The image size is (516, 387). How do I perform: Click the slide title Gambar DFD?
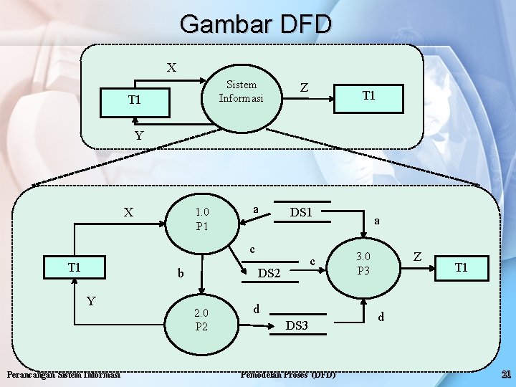click(x=256, y=24)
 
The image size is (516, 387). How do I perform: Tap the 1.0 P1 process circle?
click(x=201, y=219)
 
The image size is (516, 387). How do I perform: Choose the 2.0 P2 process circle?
click(x=201, y=320)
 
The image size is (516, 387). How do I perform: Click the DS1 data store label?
click(x=301, y=213)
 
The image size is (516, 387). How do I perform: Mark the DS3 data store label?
click(x=297, y=325)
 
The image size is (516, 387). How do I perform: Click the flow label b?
click(x=181, y=273)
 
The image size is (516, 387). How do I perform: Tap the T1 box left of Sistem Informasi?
click(x=135, y=100)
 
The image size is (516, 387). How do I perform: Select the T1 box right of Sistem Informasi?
click(x=369, y=96)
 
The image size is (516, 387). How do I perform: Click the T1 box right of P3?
click(x=462, y=267)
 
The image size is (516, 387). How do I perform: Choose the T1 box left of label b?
click(x=75, y=267)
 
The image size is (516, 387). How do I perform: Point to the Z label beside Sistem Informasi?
click(x=305, y=88)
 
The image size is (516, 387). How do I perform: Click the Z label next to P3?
click(x=418, y=256)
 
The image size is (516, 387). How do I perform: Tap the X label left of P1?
click(x=128, y=212)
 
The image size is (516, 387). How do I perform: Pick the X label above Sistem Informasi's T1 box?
click(x=171, y=68)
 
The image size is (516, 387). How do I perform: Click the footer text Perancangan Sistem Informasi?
click(x=63, y=374)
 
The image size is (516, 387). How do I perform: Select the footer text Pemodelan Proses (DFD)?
click(x=288, y=374)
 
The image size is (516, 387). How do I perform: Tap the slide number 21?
click(x=505, y=374)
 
